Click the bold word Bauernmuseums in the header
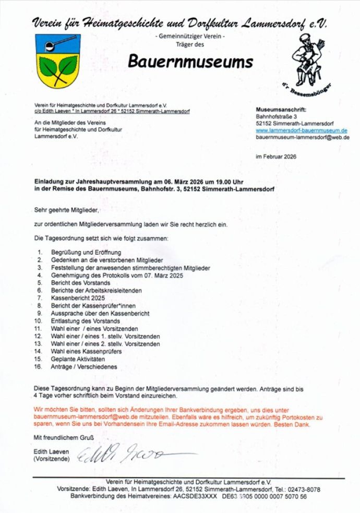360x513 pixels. (x=190, y=62)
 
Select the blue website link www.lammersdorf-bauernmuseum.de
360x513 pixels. (x=302, y=130)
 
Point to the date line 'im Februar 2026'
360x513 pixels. (x=276, y=157)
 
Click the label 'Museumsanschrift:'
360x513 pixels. (x=281, y=110)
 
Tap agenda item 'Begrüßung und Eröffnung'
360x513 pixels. (x=86, y=253)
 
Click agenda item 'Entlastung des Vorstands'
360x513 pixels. (x=85, y=321)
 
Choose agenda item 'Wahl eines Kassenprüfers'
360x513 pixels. (x=86, y=352)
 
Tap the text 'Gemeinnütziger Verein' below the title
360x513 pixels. (x=190, y=37)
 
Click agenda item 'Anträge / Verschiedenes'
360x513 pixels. (x=83, y=367)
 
